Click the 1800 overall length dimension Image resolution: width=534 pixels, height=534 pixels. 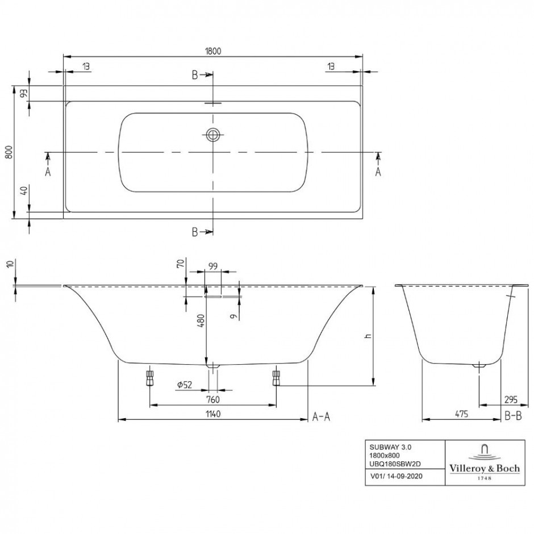(213, 51)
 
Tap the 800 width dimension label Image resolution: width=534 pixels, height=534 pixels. (9, 152)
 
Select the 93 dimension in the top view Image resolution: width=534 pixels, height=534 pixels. (24, 93)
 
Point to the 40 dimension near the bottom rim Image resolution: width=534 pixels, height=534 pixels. (24, 191)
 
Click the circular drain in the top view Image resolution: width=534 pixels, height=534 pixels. (213, 135)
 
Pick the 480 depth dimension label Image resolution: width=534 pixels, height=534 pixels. (201, 321)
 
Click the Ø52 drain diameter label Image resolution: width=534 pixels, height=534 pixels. (185, 385)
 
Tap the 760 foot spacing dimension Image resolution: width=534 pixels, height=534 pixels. (213, 399)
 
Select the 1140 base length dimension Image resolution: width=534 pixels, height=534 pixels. (213, 414)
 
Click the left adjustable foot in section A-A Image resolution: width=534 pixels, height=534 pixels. (149, 378)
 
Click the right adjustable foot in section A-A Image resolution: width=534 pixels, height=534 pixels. (276, 378)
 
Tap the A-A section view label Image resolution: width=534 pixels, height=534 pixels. (321, 416)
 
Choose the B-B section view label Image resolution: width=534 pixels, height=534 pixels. (513, 416)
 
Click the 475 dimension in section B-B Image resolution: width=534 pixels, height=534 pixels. (461, 414)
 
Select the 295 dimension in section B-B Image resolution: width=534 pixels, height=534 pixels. (511, 399)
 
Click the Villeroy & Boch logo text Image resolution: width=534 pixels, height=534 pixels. (485, 469)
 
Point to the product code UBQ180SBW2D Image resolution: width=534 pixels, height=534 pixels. (395, 464)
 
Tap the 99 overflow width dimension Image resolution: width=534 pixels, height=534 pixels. (213, 266)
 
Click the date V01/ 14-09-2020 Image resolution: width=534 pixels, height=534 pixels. (396, 476)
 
